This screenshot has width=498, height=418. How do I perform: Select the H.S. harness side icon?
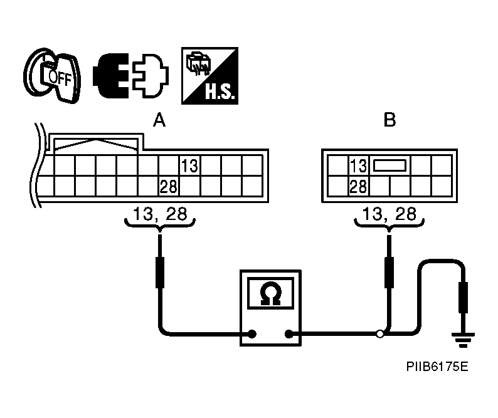(x=209, y=75)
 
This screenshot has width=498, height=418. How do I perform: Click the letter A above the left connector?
(x=159, y=120)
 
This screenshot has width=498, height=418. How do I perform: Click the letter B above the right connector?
(x=389, y=120)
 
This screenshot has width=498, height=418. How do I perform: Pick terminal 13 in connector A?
(x=189, y=166)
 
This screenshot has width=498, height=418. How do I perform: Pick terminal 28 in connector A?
(x=169, y=186)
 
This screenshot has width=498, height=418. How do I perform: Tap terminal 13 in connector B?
(x=358, y=166)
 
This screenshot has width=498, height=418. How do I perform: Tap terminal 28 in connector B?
(x=358, y=186)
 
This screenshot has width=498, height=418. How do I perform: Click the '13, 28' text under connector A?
(x=161, y=214)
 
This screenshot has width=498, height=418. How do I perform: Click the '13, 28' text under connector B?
(x=390, y=214)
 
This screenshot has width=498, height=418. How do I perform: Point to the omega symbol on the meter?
(x=271, y=293)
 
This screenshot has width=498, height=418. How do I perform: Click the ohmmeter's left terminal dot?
(x=252, y=334)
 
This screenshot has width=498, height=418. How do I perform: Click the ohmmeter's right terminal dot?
(x=290, y=334)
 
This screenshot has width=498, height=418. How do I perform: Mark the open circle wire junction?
(x=379, y=334)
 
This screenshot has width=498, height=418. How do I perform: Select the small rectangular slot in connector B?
(x=389, y=166)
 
